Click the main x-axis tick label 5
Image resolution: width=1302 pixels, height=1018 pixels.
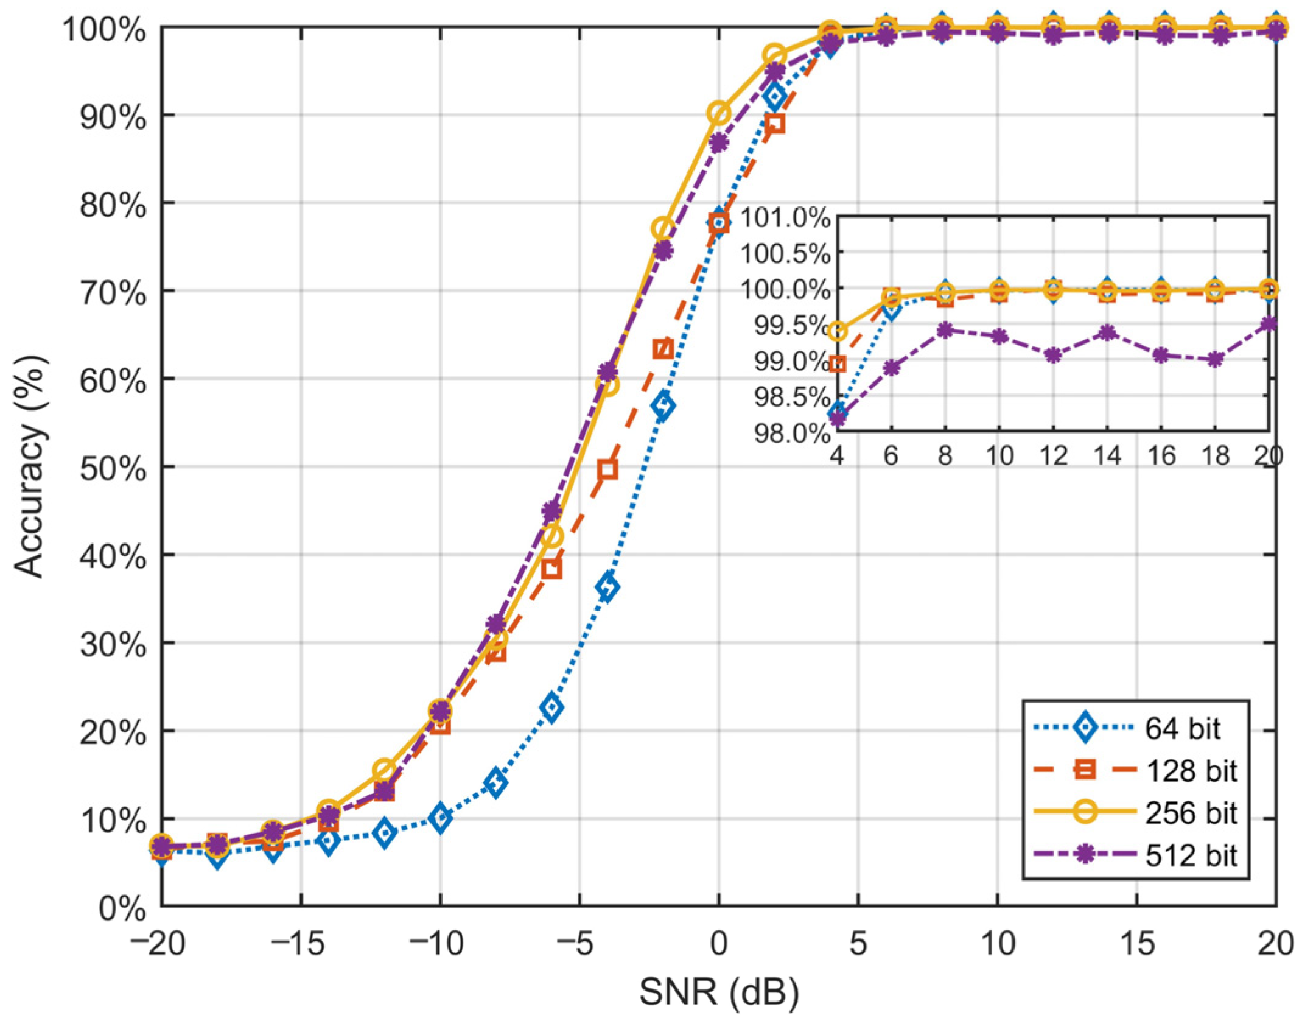point(858,944)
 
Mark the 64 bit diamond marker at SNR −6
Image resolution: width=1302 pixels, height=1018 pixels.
point(552,707)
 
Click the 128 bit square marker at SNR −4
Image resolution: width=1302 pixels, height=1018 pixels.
point(607,469)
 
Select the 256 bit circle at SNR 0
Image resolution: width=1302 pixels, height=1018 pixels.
point(719,113)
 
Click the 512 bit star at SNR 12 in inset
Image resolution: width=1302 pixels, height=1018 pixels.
point(1053,356)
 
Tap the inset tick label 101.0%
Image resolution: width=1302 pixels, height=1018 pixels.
point(785,217)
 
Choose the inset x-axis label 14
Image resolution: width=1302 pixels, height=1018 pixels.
point(1107,455)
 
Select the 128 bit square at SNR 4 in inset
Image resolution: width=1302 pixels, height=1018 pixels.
point(838,364)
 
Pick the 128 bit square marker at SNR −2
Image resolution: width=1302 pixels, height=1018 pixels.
point(663,349)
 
